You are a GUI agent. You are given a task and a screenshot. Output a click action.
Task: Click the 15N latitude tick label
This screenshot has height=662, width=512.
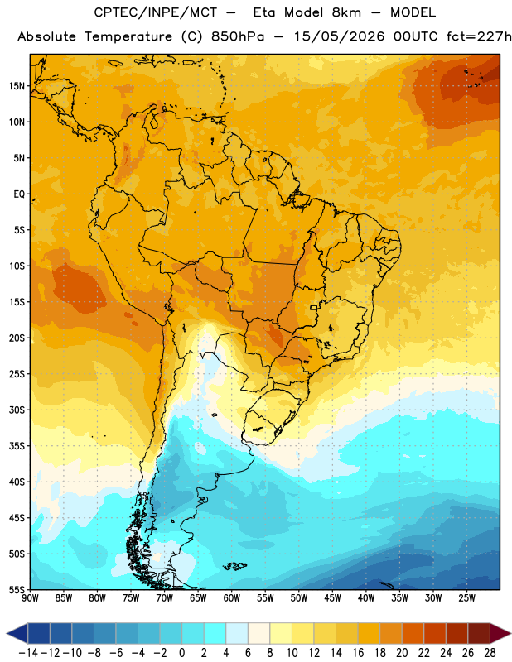click(17, 86)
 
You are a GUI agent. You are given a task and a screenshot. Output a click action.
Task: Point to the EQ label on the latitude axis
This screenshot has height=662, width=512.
click(19, 194)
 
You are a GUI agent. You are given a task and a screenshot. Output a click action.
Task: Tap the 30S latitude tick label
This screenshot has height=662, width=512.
click(17, 410)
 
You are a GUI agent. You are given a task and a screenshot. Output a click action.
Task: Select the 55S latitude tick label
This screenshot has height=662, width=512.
click(17, 589)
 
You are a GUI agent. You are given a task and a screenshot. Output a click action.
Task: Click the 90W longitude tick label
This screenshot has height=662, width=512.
click(30, 598)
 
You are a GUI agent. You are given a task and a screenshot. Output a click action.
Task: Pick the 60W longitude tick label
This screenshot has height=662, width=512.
click(232, 598)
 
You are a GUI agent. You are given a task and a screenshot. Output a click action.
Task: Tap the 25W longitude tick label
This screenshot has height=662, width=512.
click(466, 598)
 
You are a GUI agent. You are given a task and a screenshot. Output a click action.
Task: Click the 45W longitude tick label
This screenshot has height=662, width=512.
click(332, 598)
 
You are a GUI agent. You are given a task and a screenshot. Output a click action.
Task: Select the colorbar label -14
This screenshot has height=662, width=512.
click(28, 653)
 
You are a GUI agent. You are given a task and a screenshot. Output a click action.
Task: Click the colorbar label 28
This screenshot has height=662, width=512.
click(490, 653)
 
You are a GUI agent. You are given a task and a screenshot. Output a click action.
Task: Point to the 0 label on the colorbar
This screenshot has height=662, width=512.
click(181, 653)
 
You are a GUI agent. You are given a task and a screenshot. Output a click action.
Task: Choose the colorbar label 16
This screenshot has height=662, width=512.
click(358, 653)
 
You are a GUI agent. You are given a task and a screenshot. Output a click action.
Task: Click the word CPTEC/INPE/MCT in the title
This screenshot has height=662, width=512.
click(156, 12)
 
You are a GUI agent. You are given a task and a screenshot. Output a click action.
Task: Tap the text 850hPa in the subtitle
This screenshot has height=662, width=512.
click(238, 36)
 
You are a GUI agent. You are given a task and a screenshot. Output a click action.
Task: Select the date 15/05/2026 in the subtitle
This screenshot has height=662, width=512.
click(339, 36)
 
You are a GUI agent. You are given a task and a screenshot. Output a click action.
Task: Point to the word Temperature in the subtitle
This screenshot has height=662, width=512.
click(128, 37)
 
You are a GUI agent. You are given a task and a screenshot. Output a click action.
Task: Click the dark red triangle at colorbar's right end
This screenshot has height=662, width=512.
click(500, 633)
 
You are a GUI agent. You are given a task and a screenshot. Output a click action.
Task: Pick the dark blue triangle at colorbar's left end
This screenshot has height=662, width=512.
click(17, 633)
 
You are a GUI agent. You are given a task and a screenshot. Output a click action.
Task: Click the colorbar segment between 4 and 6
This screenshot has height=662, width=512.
click(237, 633)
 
